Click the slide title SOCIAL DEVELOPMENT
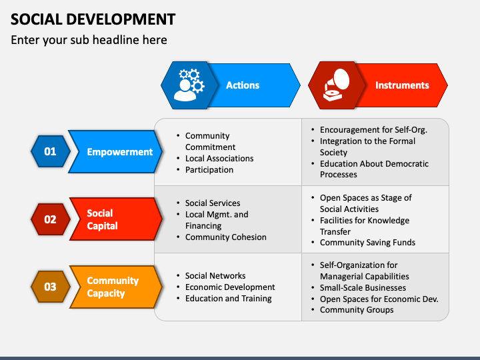(93, 19)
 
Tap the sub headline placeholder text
(89, 40)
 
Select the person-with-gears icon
(189, 85)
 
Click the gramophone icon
(337, 85)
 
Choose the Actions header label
(243, 85)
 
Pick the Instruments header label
(402, 85)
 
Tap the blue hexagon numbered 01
(51, 151)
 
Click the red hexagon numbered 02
(51, 219)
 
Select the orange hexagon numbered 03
(51, 287)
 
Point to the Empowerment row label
(120, 152)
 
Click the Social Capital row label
(102, 219)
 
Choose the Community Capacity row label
(113, 287)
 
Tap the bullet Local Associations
(219, 159)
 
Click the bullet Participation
(209, 170)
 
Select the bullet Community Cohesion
(225, 237)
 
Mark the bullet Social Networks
(215, 276)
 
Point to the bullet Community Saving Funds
(367, 243)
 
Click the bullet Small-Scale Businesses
(363, 288)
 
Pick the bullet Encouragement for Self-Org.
(373, 130)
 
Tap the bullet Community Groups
(357, 310)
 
